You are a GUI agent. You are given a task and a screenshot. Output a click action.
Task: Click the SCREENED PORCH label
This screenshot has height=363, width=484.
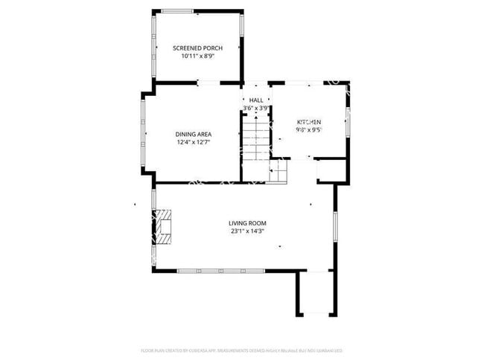[197, 48]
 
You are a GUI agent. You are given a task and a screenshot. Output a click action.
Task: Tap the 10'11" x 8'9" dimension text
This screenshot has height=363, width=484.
[197, 57]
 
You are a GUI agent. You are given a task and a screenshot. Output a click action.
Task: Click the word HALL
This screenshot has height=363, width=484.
[256, 100]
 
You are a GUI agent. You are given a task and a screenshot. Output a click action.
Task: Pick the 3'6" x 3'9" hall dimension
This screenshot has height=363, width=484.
[256, 108]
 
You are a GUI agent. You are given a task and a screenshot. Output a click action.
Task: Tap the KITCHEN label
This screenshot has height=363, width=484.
[309, 122]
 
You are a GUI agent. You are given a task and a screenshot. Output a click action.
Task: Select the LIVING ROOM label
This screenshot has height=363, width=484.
[247, 223]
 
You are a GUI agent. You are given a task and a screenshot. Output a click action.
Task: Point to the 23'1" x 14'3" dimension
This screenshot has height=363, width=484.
[247, 231]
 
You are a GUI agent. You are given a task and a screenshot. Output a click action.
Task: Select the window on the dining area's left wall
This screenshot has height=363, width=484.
[144, 135]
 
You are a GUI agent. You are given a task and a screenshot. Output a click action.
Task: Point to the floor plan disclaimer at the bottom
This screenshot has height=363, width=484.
[242, 350]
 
